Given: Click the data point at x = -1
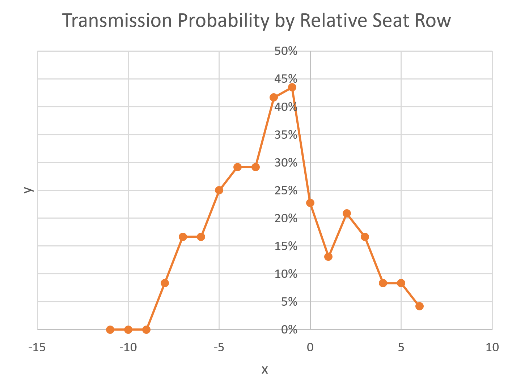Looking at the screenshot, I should pyautogui.click(x=292, y=87).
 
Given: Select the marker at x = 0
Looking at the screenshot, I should pyautogui.click(x=310, y=203).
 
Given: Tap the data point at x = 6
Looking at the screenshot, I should pyautogui.click(x=419, y=306).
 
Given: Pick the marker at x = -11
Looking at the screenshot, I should pyautogui.click(x=110, y=330).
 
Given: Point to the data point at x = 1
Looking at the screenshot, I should pyautogui.click(x=328, y=257).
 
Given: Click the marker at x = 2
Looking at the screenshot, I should pyautogui.click(x=347, y=213).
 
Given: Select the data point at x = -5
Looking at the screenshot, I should pyautogui.click(x=219, y=190).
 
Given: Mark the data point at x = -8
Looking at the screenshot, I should pyautogui.click(x=165, y=283).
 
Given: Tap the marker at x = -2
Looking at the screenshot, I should pyautogui.click(x=274, y=98).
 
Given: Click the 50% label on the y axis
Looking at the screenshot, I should pyautogui.click(x=286, y=51).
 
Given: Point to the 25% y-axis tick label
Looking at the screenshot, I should pyautogui.click(x=286, y=190).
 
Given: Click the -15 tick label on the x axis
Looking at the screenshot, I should pyautogui.click(x=37, y=348).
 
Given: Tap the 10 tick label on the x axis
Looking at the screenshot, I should pyautogui.click(x=492, y=348).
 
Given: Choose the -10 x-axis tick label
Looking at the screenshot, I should pyautogui.click(x=128, y=348).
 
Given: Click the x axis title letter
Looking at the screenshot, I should pyautogui.click(x=264, y=370).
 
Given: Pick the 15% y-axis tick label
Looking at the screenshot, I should pyautogui.click(x=286, y=246).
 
